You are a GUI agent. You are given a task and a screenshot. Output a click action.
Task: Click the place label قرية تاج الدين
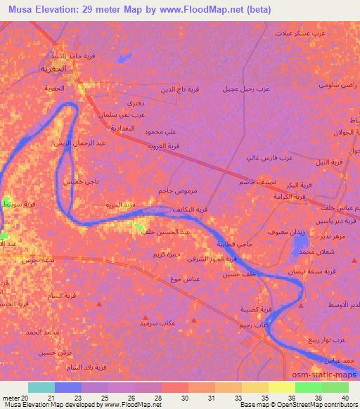pos(181,89)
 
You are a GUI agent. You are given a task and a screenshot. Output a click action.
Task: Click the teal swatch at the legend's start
pos(41,387)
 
